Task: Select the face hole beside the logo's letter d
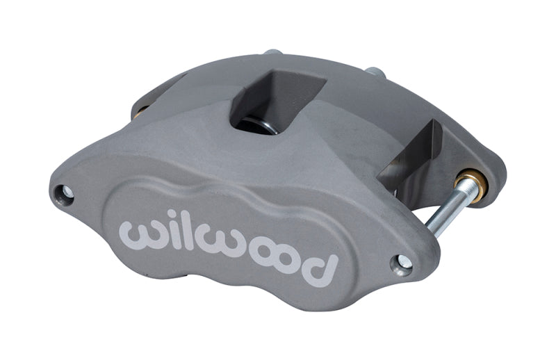coord(402,262)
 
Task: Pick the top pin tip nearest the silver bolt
coord(375,72)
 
